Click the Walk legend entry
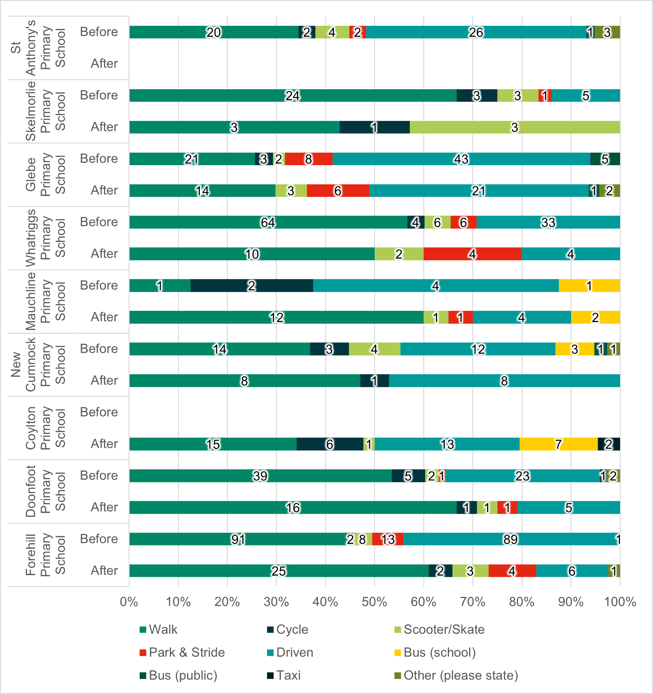click(158, 629)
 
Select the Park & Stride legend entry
click(182, 653)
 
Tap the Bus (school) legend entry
click(435, 653)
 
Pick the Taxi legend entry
click(284, 675)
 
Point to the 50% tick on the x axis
click(374, 602)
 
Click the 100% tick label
click(620, 602)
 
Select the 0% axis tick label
click(129, 602)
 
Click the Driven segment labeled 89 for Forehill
click(510, 539)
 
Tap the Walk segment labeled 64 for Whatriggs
click(268, 222)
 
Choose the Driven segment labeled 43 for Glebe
click(461, 159)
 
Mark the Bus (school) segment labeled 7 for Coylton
click(559, 444)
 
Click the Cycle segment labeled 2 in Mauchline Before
click(252, 286)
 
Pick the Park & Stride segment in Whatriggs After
click(473, 254)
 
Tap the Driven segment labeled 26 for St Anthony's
click(476, 32)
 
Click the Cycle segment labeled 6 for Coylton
click(330, 444)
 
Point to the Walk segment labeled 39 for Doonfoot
click(260, 476)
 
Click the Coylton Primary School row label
click(45, 428)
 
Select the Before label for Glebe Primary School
click(99, 159)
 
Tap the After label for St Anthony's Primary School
click(104, 63)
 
